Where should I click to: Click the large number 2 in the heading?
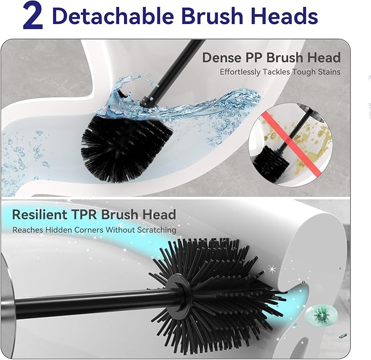(33, 16)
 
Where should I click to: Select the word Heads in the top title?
(287, 16)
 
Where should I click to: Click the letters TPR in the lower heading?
(86, 214)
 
